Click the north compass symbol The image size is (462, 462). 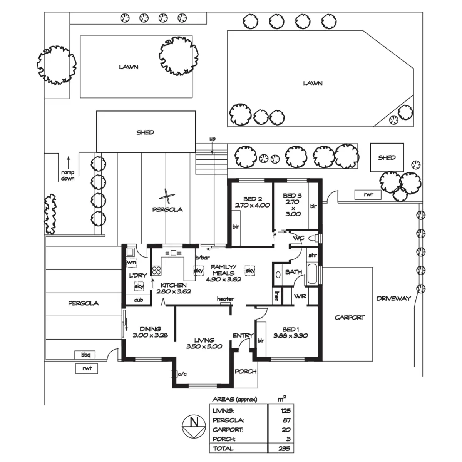[x=194, y=427]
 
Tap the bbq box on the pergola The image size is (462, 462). [x=85, y=355]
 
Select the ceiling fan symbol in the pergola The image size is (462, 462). [x=167, y=197]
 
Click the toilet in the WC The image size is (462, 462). [x=314, y=238]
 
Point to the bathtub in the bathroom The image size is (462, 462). [x=312, y=274]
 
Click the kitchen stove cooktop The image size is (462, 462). [x=156, y=270]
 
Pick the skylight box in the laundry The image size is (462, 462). [x=139, y=286]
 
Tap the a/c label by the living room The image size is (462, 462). [x=182, y=374]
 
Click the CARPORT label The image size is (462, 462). [x=349, y=317]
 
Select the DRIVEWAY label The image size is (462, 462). [x=394, y=298]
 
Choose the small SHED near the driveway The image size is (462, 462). [x=387, y=157]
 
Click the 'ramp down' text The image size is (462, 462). [x=68, y=175]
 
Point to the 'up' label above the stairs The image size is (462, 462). [x=213, y=139]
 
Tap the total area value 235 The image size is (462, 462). [x=285, y=449]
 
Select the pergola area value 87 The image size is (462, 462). [x=287, y=420]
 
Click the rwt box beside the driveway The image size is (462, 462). [x=368, y=195]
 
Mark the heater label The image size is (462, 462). [x=225, y=299]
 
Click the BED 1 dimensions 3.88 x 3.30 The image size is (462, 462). [x=291, y=335]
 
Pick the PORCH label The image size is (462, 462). [x=245, y=372]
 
